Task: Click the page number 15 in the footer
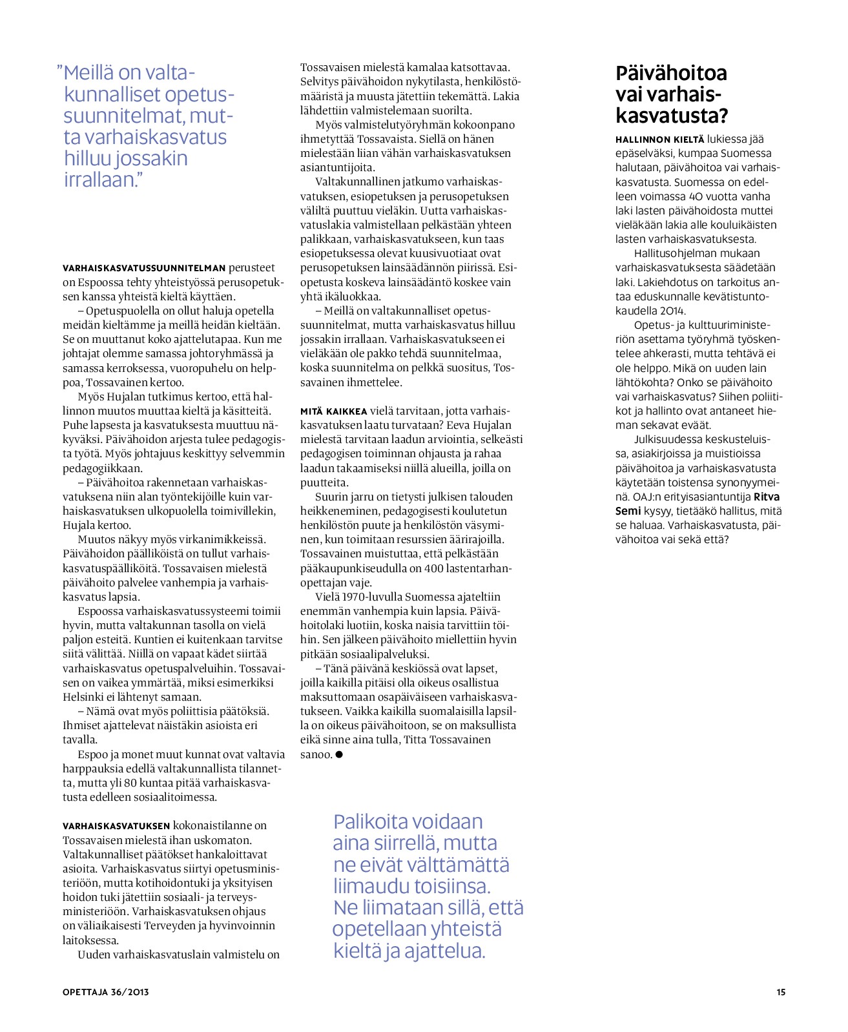click(781, 992)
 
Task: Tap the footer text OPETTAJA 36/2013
click(106, 992)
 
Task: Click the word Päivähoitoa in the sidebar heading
click(671, 74)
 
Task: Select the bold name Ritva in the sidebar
click(767, 497)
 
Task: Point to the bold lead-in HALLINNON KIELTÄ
click(659, 139)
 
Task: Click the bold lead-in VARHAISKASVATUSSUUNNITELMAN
click(144, 268)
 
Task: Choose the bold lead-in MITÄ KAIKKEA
click(333, 411)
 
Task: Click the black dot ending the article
click(339, 754)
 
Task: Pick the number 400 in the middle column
click(435, 568)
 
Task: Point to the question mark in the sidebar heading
click(723, 116)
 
